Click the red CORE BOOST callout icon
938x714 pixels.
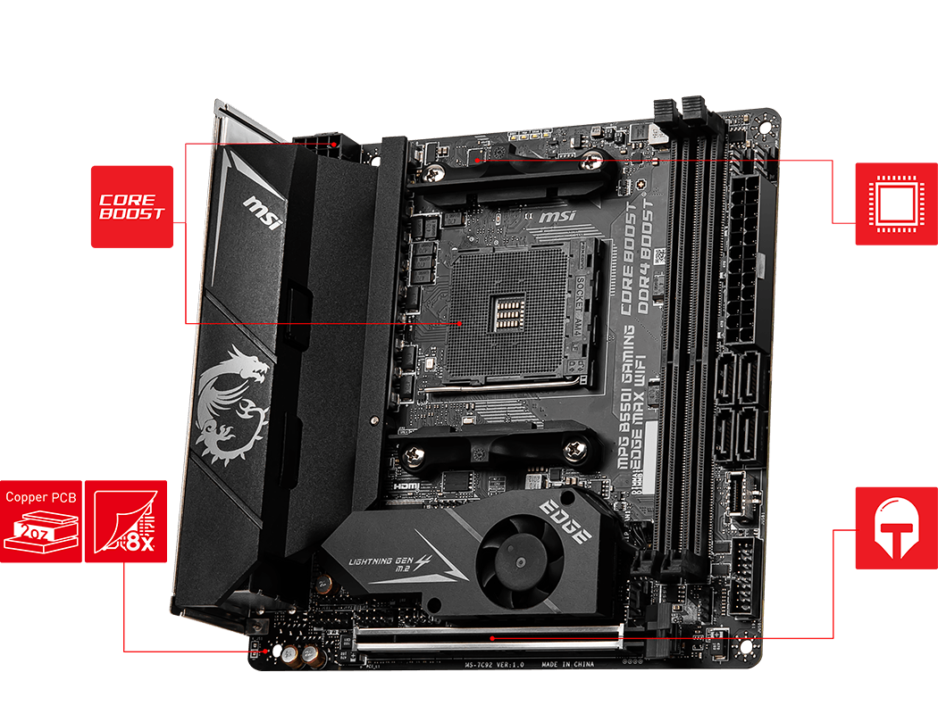coord(131,206)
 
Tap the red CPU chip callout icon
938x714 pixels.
coord(895,203)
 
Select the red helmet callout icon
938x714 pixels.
coord(895,527)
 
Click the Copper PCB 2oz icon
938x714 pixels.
coord(41,521)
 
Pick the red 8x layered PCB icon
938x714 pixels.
coord(126,521)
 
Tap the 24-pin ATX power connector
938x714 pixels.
coord(743,259)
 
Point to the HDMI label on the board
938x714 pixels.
coord(406,486)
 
